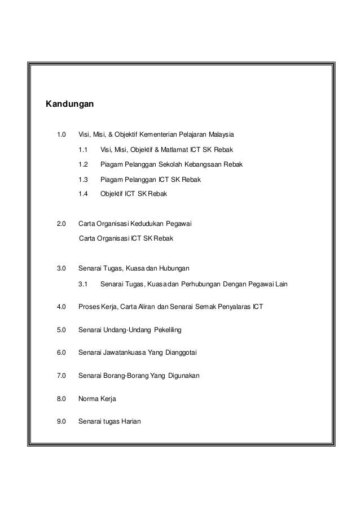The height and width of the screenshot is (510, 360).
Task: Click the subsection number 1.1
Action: pyautogui.click(x=84, y=150)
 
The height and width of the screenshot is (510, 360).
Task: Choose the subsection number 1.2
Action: pyautogui.click(x=84, y=165)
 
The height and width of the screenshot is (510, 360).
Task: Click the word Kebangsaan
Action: pyautogui.click(x=214, y=165)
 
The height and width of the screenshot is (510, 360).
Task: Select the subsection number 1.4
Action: pyautogui.click(x=84, y=194)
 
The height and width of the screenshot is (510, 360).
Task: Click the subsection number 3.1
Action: pyautogui.click(x=84, y=283)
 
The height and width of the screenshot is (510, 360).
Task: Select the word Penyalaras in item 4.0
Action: pyautogui.click(x=230, y=307)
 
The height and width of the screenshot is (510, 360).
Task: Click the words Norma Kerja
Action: pyautogui.click(x=97, y=399)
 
